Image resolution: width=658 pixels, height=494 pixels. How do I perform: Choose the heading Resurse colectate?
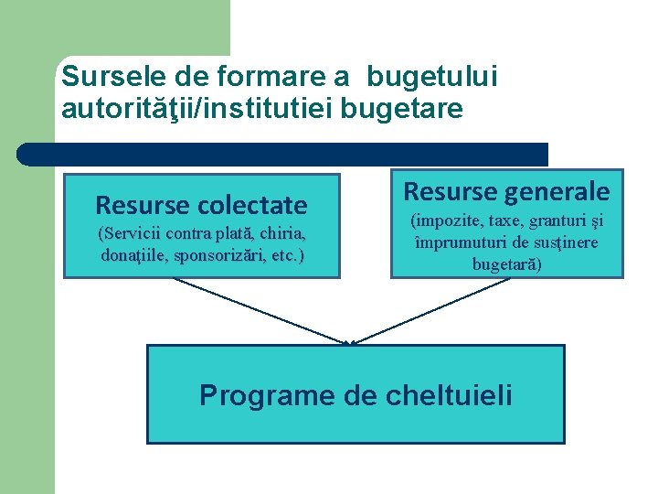[x=201, y=204]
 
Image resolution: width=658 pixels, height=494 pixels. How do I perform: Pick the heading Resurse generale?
[x=506, y=191]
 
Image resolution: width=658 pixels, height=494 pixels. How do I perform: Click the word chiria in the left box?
[x=278, y=233]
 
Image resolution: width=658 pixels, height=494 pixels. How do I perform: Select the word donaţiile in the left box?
[x=133, y=254]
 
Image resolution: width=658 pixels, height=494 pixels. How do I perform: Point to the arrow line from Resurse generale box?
[x=430, y=310]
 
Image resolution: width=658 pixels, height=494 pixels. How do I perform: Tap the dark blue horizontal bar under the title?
[x=283, y=154]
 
